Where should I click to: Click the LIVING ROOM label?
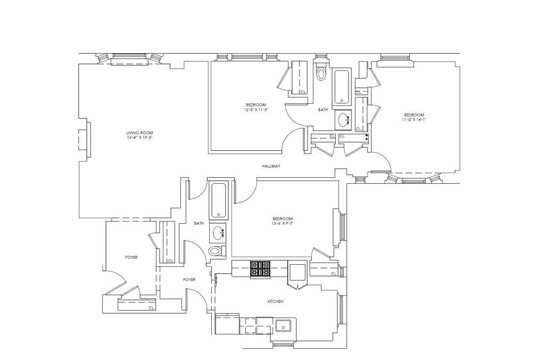point(136,133)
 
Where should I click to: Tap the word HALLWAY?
point(271,166)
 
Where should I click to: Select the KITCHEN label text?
point(275,301)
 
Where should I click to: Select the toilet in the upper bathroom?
point(321,72)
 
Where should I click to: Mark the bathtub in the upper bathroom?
point(341,86)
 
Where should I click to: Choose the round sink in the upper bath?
point(342,120)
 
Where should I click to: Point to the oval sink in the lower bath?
point(218,232)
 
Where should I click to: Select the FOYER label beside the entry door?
point(131,257)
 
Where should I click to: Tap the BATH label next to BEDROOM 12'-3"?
point(323,110)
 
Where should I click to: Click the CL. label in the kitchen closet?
point(333,274)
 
